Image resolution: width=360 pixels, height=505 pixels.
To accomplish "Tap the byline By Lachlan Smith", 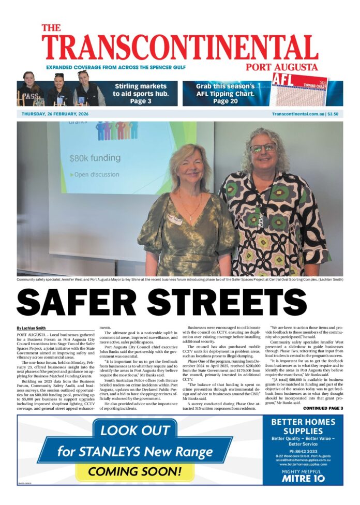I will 31,328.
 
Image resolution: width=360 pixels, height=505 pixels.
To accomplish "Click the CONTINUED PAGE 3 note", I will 323,408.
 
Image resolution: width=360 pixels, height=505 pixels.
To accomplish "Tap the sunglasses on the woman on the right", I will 263,148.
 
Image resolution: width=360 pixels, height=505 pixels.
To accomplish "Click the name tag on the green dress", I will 175,219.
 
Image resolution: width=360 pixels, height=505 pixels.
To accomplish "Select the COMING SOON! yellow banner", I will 134,471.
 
